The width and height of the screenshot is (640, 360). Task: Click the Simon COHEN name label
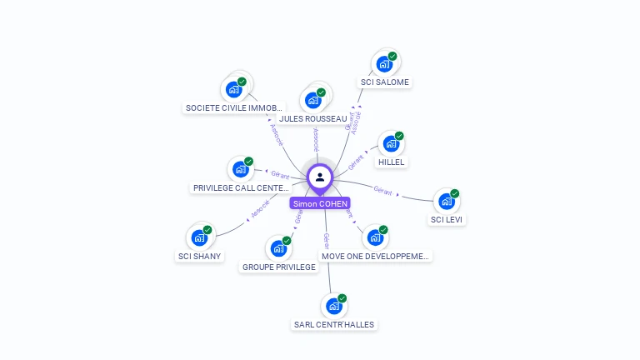(320, 203)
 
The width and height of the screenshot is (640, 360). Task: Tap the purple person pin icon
(320, 177)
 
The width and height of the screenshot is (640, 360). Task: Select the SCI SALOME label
(384, 82)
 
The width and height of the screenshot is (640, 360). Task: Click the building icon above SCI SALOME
(384, 63)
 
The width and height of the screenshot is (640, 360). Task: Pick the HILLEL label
(391, 162)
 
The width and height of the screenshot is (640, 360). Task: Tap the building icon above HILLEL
(391, 143)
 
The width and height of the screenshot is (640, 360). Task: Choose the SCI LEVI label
(447, 220)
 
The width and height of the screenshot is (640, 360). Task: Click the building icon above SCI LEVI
(447, 202)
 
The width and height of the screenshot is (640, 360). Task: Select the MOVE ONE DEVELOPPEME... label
(375, 257)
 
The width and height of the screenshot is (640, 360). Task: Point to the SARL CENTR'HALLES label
(334, 324)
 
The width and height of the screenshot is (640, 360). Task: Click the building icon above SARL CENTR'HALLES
(334, 306)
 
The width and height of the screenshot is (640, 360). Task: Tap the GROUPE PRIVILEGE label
(279, 267)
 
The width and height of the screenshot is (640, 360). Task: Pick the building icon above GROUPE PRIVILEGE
(278, 248)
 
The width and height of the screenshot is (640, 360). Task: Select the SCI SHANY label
(200, 257)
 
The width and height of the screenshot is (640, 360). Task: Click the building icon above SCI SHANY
(199, 237)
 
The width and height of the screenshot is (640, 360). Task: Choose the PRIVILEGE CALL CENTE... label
(241, 188)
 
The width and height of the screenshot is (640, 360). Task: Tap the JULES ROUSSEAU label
(313, 119)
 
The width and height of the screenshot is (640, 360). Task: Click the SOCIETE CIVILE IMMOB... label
(234, 108)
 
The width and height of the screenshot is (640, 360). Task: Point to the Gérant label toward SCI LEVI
(383, 191)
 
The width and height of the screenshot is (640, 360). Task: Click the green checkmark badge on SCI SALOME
(392, 56)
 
